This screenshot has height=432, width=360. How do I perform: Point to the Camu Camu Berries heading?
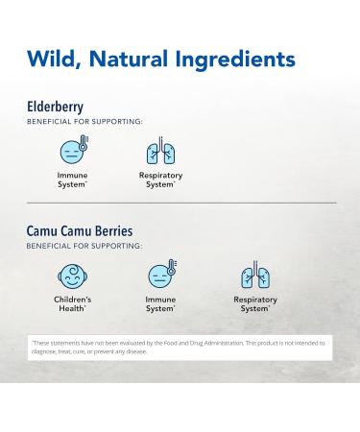pos(80,231)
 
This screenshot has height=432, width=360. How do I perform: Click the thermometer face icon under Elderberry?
pos(72,151)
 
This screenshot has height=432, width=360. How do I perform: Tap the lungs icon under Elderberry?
pos(160,151)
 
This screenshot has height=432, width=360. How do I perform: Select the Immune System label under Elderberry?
pos(72,180)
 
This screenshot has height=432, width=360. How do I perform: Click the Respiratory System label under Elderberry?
pos(160,180)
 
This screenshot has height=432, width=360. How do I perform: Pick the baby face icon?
pos(72,276)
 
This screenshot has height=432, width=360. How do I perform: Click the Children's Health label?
pos(72,303)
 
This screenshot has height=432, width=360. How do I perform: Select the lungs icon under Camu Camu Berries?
pos(254,276)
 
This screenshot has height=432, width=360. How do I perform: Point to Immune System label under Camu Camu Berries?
pos(160,303)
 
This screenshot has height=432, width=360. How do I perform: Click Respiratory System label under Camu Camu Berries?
pos(254,303)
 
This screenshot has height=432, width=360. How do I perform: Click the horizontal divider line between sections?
pos(180,203)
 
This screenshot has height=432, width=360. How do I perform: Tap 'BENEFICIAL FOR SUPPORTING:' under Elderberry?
pos(84,122)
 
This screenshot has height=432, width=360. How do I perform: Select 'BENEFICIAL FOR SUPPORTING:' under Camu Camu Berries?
pos(84,246)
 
